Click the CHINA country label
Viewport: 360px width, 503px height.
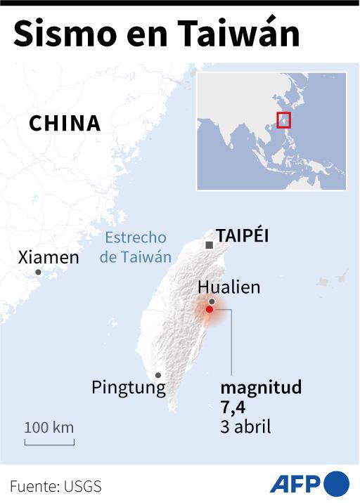(x=65, y=124)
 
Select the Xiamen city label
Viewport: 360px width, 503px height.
(x=49, y=257)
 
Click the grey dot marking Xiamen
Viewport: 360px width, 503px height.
(x=38, y=273)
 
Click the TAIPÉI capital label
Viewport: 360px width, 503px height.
(x=243, y=235)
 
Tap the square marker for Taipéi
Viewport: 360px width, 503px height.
(x=209, y=244)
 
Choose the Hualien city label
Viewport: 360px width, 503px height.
(x=229, y=287)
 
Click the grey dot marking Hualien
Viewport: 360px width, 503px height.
(x=211, y=301)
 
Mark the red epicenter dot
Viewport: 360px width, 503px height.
(x=209, y=309)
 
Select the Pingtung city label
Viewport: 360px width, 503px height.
(x=129, y=387)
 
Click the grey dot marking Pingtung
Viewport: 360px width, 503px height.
(x=158, y=375)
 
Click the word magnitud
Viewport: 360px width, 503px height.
(x=261, y=387)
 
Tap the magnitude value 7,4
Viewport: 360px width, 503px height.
(x=233, y=407)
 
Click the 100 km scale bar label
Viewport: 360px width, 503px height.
(x=49, y=427)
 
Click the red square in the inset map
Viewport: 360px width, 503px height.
(x=283, y=120)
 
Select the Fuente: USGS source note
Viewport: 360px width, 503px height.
(x=56, y=485)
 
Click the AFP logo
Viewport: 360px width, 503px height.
(x=309, y=483)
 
